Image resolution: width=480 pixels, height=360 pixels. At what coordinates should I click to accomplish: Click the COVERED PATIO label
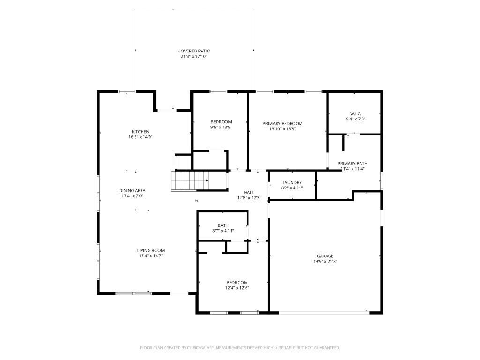194,51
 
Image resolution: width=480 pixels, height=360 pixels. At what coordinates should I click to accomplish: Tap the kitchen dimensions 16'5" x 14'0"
140,137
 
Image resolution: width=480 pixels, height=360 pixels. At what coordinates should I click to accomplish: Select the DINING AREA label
132,190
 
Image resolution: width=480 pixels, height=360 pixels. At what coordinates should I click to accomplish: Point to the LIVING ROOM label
151,250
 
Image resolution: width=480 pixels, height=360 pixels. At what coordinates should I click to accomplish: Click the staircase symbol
189,181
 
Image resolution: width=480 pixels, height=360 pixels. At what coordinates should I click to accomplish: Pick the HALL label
249,192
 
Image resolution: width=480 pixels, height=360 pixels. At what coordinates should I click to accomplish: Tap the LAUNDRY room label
292,182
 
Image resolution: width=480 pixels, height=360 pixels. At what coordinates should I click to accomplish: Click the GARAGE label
325,256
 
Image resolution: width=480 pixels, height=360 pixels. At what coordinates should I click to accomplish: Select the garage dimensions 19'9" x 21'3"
325,262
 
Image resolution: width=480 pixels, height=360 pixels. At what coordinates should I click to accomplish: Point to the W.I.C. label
355,113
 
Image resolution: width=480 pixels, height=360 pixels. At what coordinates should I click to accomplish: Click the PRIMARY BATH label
352,163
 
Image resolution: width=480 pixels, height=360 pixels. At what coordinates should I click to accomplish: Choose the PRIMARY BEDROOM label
282,123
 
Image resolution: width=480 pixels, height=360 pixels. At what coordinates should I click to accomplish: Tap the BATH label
223,225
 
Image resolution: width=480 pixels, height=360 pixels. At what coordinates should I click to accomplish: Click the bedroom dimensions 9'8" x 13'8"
221,127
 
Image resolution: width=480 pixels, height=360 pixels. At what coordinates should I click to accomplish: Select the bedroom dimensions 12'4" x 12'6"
237,288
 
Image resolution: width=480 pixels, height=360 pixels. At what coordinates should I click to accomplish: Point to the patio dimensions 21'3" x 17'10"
194,56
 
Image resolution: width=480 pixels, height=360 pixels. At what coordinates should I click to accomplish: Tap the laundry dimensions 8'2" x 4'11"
292,188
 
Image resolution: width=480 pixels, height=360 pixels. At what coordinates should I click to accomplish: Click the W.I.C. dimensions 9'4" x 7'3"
355,119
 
